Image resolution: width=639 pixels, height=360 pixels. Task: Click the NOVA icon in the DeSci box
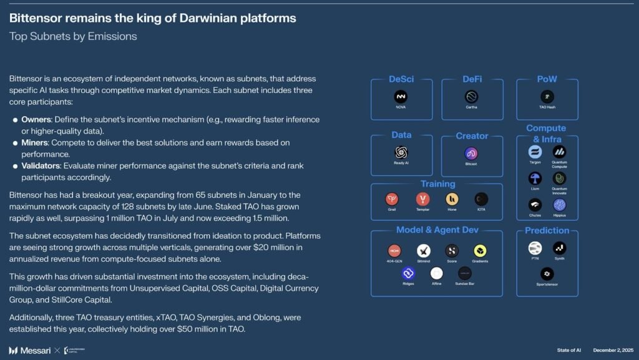point(401,97)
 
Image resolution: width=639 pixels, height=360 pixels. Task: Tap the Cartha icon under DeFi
point(471,97)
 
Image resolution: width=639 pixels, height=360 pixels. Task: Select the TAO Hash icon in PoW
point(547,97)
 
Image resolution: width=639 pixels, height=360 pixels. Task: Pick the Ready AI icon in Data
point(401,153)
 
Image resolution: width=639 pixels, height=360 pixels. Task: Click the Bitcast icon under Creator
point(471,153)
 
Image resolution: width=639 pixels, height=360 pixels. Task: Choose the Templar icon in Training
point(422,199)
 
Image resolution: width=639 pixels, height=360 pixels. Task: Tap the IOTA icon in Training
point(480,199)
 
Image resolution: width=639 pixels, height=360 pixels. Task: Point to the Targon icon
point(535,152)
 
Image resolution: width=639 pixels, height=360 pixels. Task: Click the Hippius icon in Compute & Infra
point(559,205)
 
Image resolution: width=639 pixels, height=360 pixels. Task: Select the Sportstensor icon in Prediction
point(547,273)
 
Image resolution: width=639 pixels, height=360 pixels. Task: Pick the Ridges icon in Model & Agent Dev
point(409,273)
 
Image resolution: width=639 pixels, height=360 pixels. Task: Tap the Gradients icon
point(480,251)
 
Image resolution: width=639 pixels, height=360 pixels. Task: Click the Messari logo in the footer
point(31,350)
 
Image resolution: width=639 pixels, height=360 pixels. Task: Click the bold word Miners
point(34,142)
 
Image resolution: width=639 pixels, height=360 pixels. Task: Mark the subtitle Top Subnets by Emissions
point(73,36)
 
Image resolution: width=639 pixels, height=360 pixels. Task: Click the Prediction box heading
point(547,230)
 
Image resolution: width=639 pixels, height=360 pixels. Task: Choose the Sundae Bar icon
point(465,273)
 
